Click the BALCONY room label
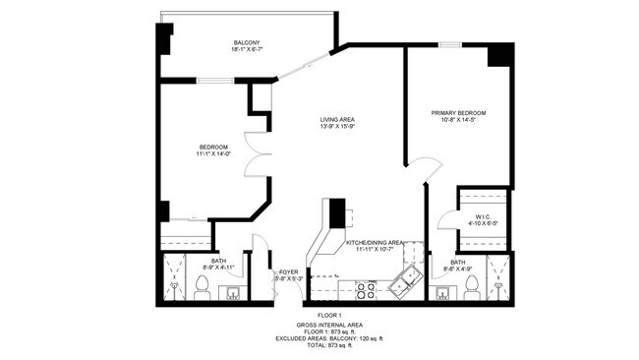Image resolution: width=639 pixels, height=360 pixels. point(247,42)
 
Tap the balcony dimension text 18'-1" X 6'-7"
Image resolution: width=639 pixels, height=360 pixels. point(247,50)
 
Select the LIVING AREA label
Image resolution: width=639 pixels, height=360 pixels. point(336,121)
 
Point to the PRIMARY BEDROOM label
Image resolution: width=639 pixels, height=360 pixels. point(458,113)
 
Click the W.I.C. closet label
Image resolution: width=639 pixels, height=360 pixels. point(483,216)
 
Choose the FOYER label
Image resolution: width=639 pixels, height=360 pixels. point(288,271)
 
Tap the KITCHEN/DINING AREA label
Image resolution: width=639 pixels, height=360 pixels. point(375,242)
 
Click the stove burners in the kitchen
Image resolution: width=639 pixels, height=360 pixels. point(366,290)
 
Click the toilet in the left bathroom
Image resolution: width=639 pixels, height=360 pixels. point(203,285)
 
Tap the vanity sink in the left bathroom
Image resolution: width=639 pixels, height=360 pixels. point(233,291)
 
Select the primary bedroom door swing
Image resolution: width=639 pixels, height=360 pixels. point(425,169)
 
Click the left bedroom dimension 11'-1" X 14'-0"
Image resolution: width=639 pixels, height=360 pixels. point(213,153)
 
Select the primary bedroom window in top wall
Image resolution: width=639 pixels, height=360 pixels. point(450,44)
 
